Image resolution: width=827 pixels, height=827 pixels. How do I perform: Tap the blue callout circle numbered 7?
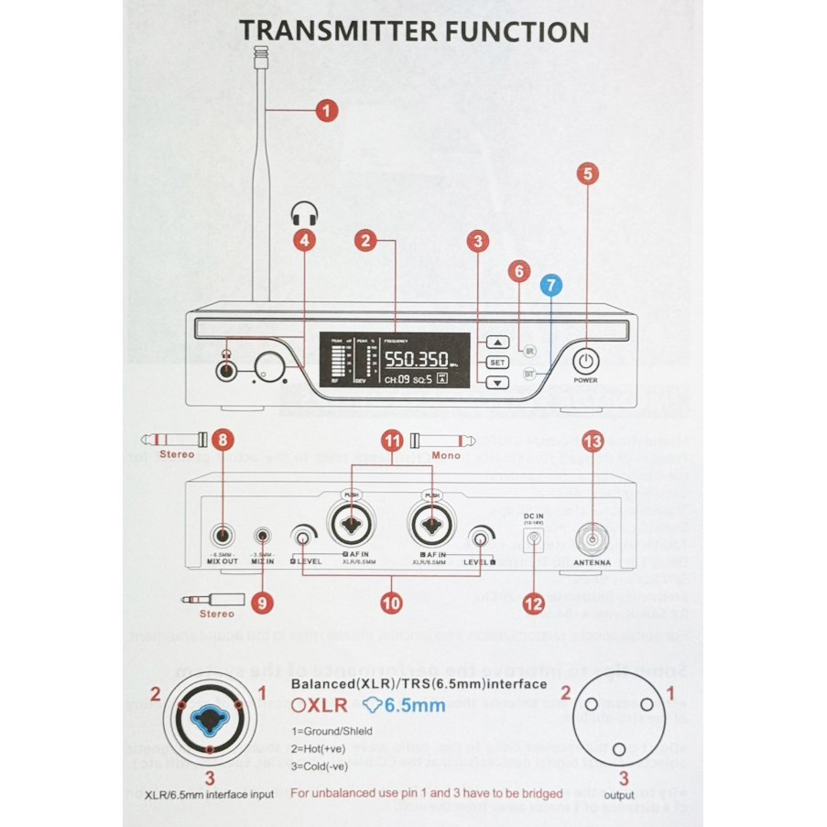coord(550,285)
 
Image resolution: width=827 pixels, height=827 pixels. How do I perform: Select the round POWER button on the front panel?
coord(585,359)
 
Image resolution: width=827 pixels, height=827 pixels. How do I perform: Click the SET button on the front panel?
coord(496,362)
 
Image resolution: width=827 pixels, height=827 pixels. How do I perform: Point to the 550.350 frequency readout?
coord(415,360)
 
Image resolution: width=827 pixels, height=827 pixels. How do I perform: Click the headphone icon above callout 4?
coord(302,214)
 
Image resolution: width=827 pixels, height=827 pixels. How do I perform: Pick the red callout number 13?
coord(593,442)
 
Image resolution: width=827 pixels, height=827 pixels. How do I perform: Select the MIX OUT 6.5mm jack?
coord(223,538)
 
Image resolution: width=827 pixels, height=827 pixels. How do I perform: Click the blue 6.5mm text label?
coord(414,705)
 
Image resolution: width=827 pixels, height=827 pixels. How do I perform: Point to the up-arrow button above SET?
coord(496,343)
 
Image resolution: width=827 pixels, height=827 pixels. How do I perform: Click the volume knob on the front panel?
coord(269,367)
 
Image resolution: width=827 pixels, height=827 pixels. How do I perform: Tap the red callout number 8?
coord(221,440)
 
